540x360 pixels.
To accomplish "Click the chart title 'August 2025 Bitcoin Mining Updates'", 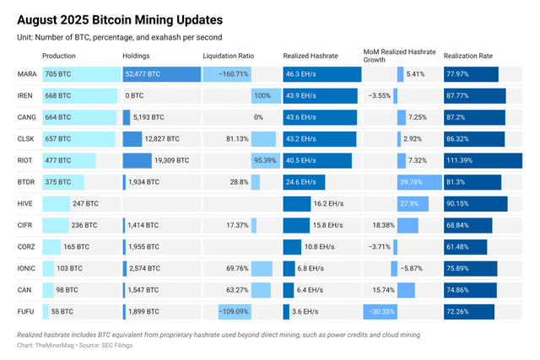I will tap(120, 18).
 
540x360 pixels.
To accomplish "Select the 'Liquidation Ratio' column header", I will tap(228, 56).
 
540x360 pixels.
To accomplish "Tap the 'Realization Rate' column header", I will tap(467, 56).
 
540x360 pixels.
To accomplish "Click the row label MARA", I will tap(26, 74).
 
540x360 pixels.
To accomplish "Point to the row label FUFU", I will tap(25, 312).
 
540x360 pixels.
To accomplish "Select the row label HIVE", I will tap(25, 203).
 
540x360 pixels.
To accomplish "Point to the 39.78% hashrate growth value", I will tap(411, 182).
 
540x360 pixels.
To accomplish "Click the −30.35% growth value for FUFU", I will tap(384, 312).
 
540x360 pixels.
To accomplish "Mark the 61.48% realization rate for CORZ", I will tap(460, 247).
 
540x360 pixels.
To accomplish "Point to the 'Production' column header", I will tap(59, 56).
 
